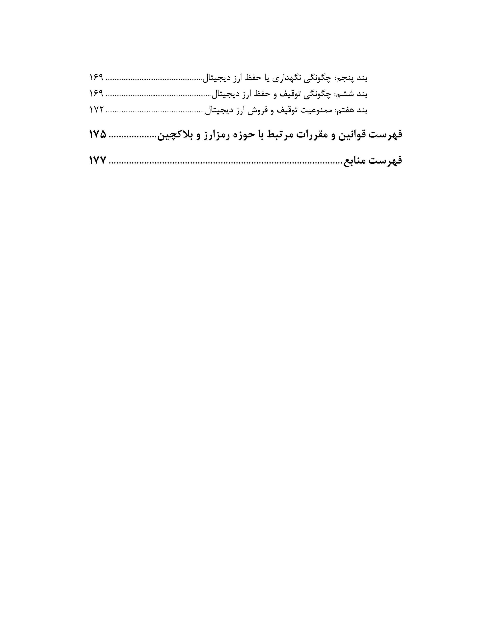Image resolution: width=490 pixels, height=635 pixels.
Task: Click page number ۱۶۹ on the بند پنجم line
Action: [x=96, y=78]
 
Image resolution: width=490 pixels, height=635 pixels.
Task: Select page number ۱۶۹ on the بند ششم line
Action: [x=96, y=94]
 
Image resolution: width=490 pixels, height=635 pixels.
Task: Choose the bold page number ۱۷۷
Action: [x=98, y=160]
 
